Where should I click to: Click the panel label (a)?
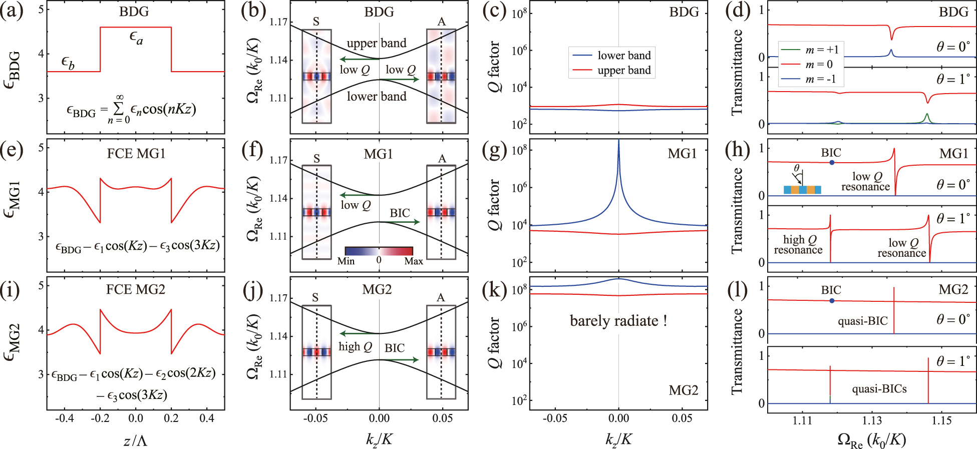(x=12, y=11)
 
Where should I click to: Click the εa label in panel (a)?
(x=136, y=37)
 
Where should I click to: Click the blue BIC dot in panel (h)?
(x=832, y=162)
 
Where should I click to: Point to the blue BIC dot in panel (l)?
(x=832, y=301)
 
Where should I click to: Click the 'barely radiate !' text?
(x=618, y=320)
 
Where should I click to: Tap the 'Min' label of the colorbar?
(x=346, y=261)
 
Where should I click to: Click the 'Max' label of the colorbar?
(x=414, y=261)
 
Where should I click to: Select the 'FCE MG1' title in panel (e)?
(x=136, y=153)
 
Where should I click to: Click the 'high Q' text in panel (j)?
(x=355, y=346)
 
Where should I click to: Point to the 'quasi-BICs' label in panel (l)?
(x=879, y=389)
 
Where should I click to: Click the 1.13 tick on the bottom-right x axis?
(x=872, y=420)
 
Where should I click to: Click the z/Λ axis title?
(x=135, y=440)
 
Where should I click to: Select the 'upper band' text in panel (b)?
(x=377, y=43)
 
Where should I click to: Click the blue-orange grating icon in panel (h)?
(x=802, y=190)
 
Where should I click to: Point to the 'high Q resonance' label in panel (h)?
(x=798, y=245)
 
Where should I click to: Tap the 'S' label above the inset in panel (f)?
(x=316, y=159)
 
